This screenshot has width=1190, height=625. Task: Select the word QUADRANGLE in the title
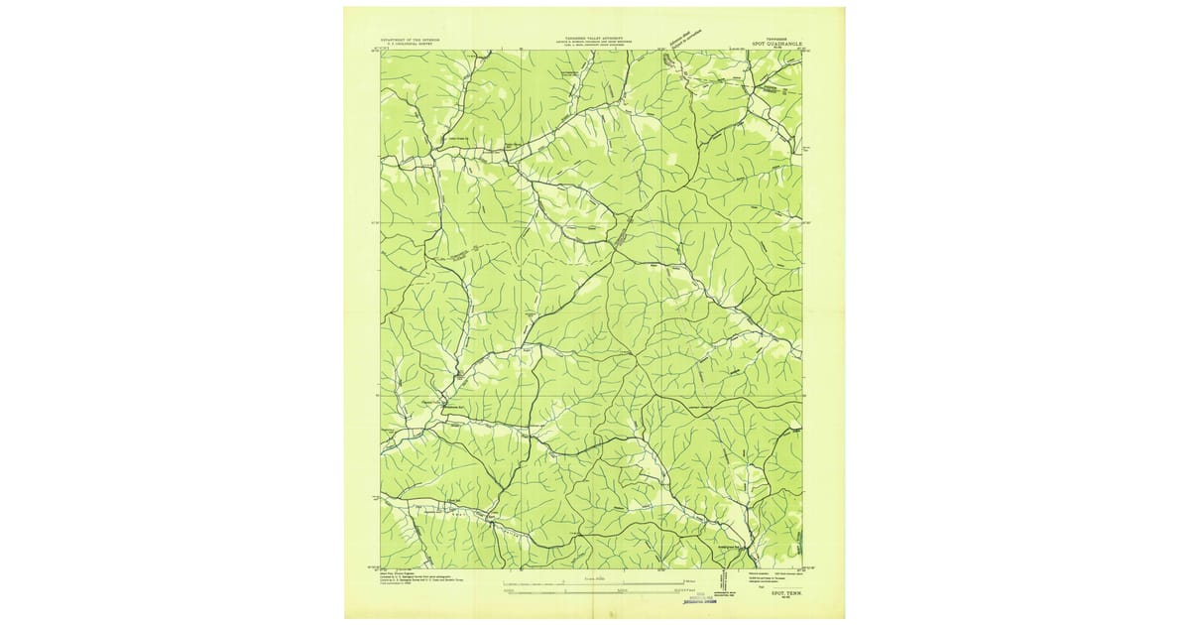coord(788,45)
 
